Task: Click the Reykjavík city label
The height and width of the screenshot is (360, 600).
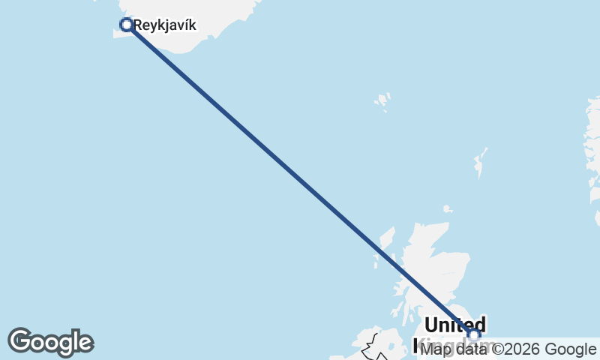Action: click(x=165, y=25)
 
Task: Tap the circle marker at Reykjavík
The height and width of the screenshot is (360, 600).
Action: click(x=127, y=25)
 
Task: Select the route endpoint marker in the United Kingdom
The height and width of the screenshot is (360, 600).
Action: click(x=473, y=334)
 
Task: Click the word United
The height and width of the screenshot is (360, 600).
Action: click(x=454, y=325)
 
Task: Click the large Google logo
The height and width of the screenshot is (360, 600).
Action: click(x=50, y=342)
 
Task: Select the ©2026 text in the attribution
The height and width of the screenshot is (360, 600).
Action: click(x=516, y=349)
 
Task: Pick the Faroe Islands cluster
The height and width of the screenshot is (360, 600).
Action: click(x=383, y=100)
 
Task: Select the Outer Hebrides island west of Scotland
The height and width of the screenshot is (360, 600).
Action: click(x=385, y=244)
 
